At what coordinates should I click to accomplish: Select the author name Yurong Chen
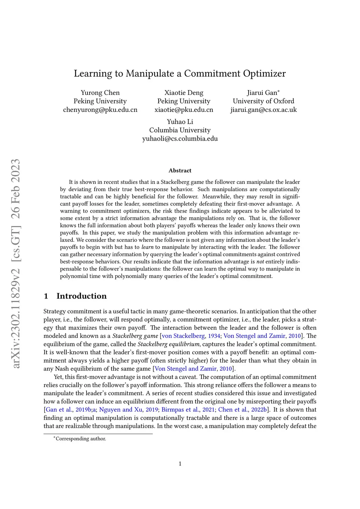click(100, 93)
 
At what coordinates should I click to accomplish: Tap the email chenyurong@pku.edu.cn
click(100, 110)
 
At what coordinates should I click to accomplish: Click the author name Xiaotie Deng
click(184, 93)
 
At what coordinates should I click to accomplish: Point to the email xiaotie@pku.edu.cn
click(184, 110)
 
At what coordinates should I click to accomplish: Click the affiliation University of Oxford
click(263, 101)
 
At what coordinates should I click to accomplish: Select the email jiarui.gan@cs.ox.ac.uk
click(263, 110)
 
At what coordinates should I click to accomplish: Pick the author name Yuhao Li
click(180, 122)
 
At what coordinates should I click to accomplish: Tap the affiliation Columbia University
click(180, 130)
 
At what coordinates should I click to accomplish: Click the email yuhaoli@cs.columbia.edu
click(180, 138)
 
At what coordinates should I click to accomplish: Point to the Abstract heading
click(180, 170)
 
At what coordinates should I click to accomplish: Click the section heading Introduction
click(82, 296)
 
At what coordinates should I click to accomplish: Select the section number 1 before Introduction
click(46, 296)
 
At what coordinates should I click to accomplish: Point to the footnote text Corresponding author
click(81, 439)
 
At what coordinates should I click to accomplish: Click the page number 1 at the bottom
click(180, 464)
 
